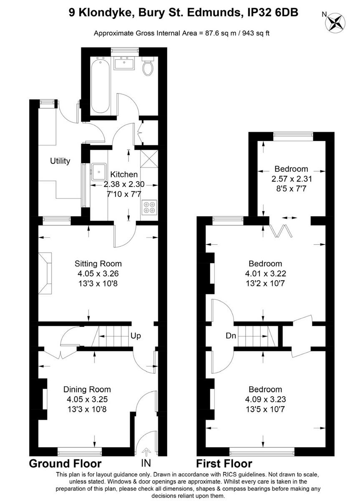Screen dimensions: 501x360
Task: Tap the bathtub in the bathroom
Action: point(100,86)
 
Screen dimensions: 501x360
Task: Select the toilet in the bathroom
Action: point(148,68)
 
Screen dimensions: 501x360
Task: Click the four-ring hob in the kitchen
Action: point(149,207)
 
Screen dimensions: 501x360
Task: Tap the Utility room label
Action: point(60,161)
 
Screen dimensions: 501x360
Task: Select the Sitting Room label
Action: point(98,263)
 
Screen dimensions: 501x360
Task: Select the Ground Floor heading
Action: point(65,463)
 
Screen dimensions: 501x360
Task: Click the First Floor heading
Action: point(224,463)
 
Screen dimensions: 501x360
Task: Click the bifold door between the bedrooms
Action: point(279,230)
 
